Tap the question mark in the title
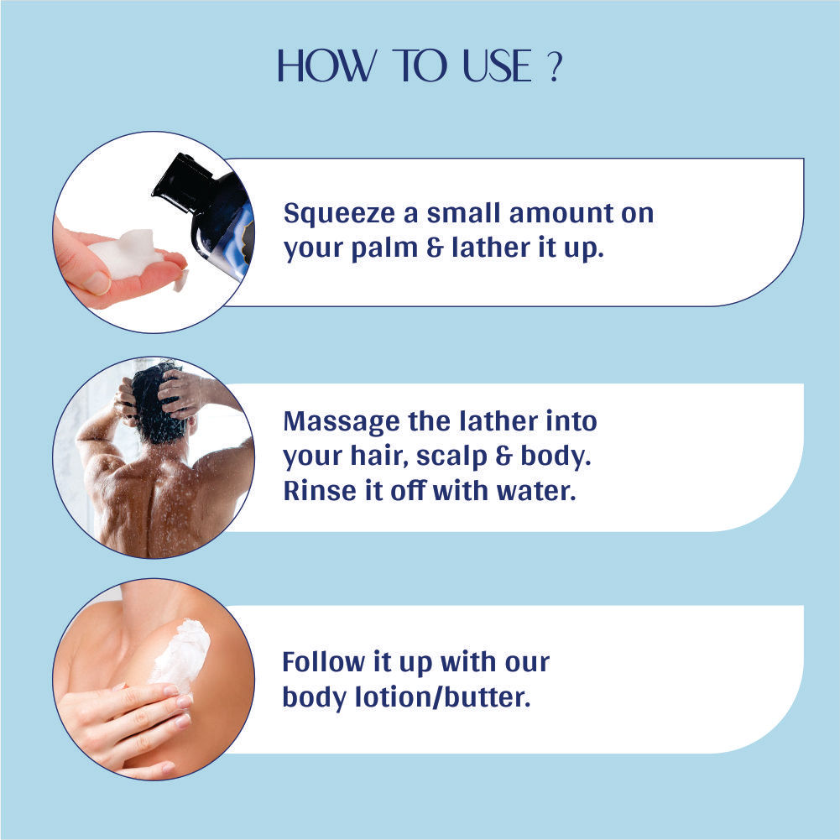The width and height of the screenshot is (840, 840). [556, 67]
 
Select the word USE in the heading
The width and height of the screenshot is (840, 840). [497, 66]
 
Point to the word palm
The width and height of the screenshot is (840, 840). [384, 249]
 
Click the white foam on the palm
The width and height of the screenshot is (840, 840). [128, 255]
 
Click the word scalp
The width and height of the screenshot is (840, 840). [451, 457]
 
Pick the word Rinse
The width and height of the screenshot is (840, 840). [319, 491]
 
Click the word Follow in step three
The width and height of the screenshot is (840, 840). [324, 662]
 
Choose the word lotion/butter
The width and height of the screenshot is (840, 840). [442, 697]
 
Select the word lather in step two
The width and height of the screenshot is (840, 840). [498, 421]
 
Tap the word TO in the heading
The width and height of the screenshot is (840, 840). [420, 66]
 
